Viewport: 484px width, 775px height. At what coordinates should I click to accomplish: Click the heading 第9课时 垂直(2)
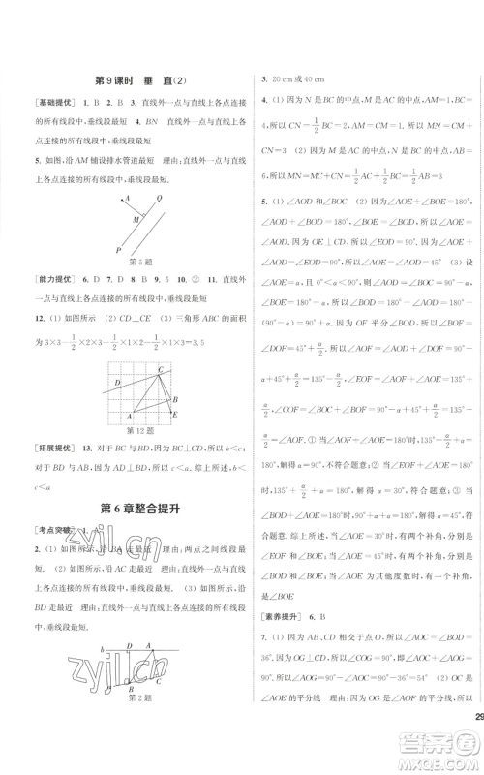(136, 81)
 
